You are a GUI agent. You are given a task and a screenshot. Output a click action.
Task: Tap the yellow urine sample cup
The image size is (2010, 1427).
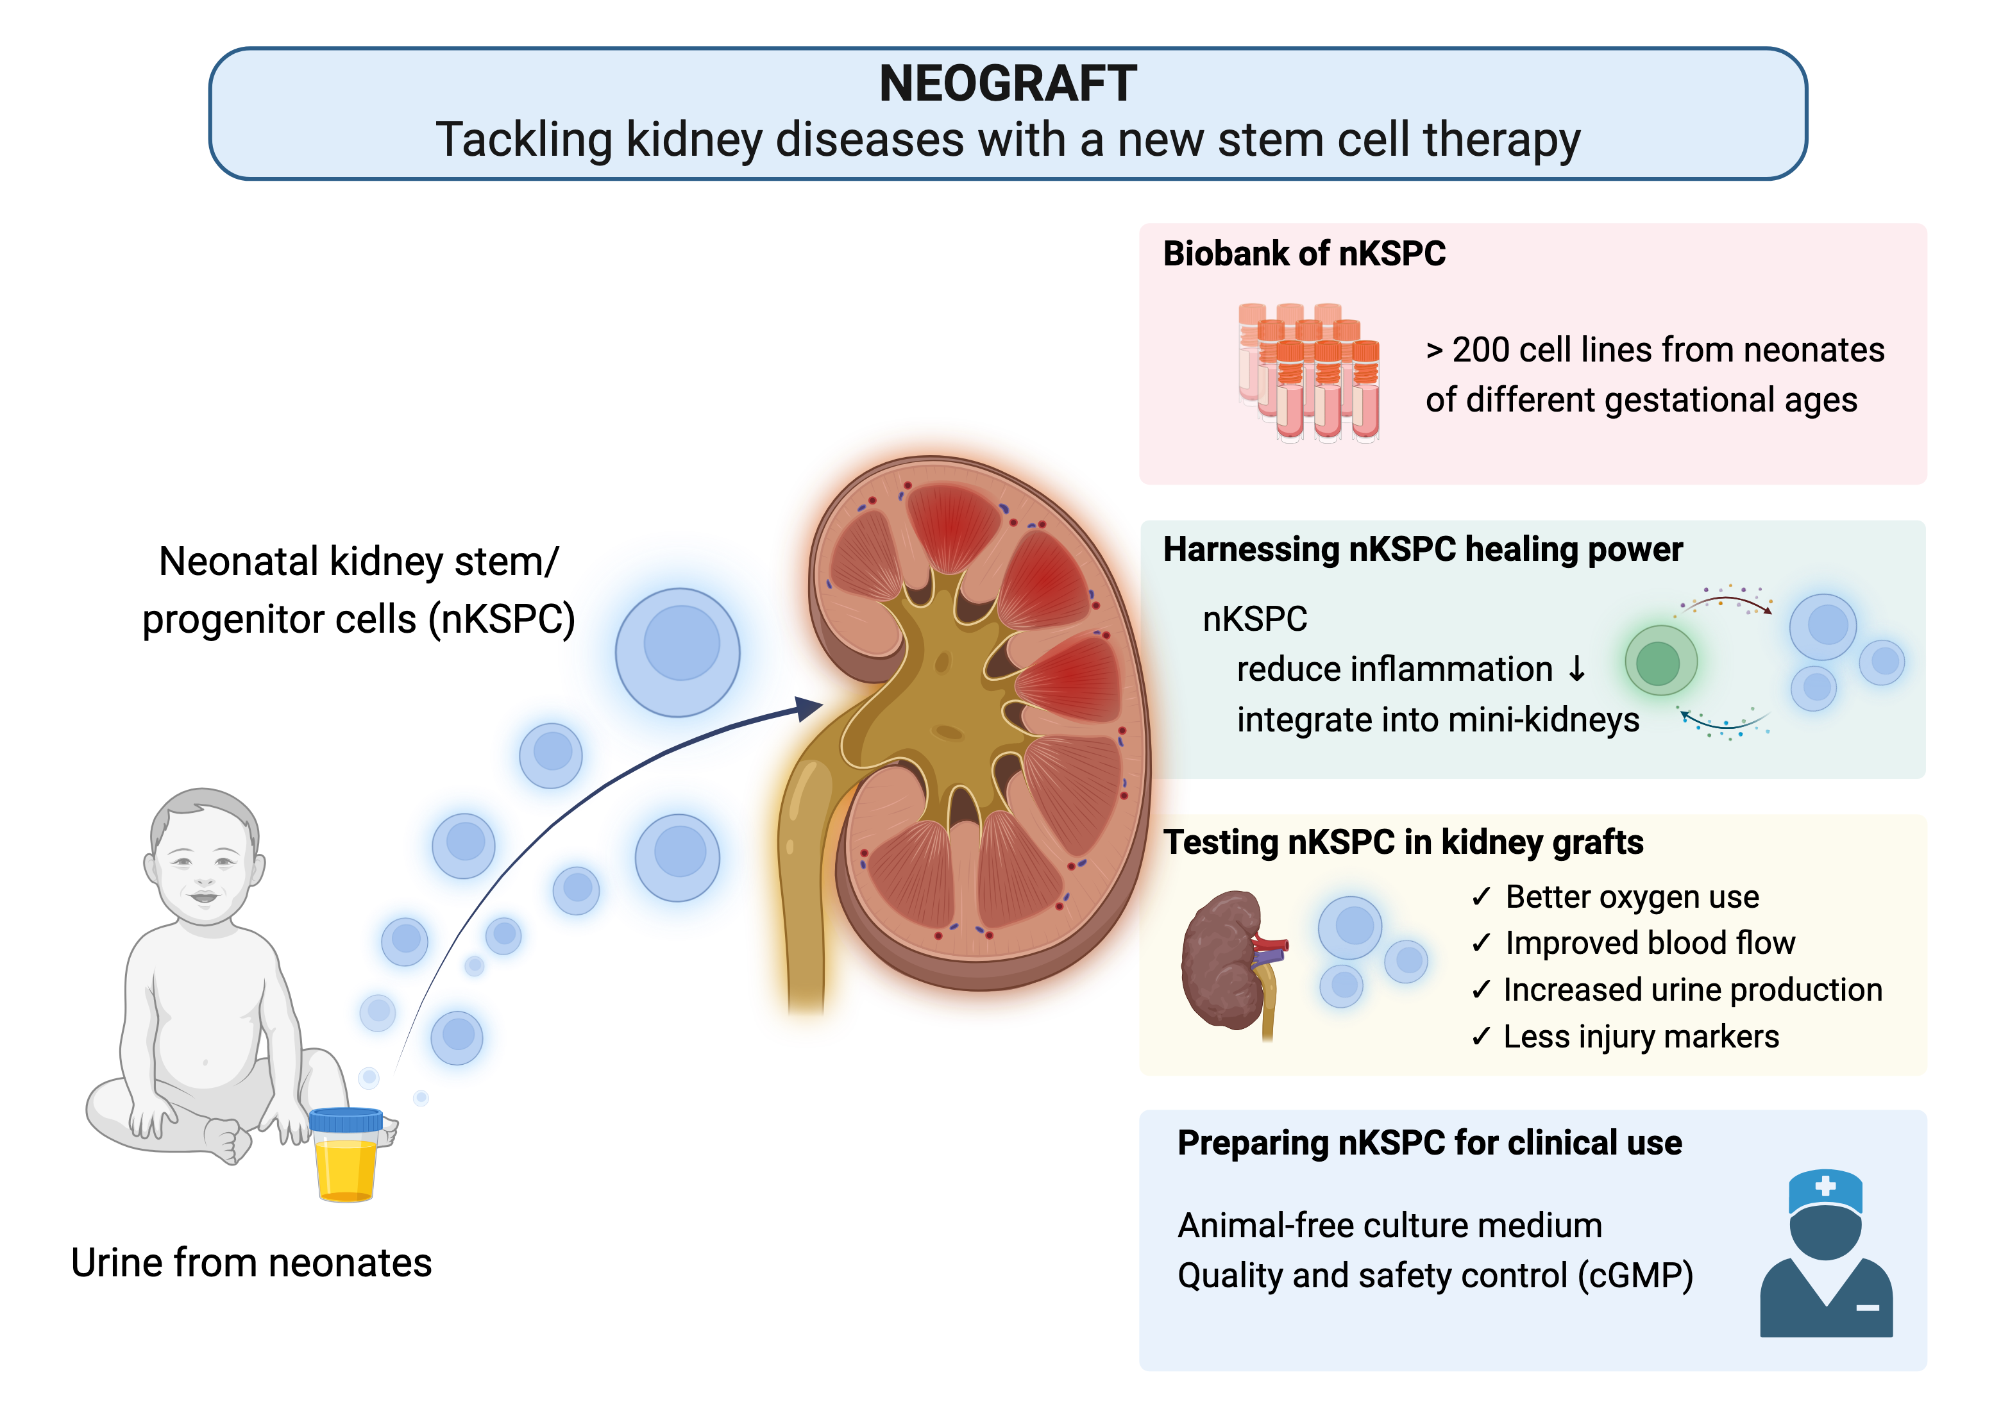(346, 1155)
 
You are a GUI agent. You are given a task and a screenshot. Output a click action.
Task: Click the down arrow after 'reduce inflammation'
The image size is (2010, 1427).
(1578, 669)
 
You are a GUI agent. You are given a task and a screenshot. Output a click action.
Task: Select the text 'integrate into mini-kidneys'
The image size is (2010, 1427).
(1438, 720)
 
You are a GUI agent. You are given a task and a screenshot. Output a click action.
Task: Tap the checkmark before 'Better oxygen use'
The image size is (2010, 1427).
(1481, 896)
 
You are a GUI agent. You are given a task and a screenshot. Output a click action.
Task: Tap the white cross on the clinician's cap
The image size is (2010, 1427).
(1825, 1185)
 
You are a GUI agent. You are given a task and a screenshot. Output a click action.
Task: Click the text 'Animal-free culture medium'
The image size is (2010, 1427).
(1390, 1226)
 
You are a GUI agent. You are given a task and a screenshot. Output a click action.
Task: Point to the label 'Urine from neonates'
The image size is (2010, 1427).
(251, 1263)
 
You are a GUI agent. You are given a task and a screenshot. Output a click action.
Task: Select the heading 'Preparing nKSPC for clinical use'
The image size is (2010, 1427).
(1429, 1143)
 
